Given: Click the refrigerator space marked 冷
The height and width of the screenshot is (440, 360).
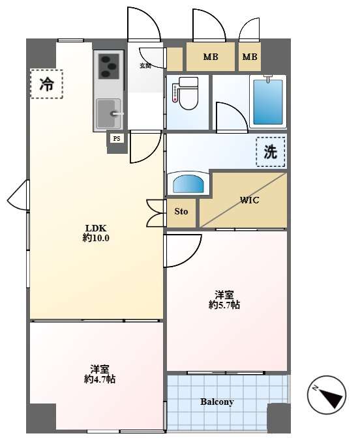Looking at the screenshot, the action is coord(46,84).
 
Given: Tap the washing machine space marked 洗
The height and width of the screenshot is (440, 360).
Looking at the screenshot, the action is coord(271,152).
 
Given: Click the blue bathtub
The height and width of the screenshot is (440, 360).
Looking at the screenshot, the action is coord(268,102).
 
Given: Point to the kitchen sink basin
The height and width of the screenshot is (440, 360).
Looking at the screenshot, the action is coord(108,113).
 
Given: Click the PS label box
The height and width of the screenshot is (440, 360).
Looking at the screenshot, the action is coord(117,138).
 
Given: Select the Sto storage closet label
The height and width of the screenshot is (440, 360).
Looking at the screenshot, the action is coord(181,211).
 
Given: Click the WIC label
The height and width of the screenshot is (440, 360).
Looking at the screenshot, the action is coord(249,200).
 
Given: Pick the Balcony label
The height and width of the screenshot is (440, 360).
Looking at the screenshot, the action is coord(217,402).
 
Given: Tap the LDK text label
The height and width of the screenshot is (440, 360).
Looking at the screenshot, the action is coord(95,227).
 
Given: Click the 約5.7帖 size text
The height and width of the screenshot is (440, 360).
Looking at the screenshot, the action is coord(224,305).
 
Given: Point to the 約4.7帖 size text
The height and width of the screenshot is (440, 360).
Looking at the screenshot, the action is coord(100,379).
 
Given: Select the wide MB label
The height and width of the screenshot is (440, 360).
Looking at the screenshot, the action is coord(211,57).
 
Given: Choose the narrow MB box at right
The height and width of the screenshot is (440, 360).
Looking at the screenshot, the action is coord(250,57).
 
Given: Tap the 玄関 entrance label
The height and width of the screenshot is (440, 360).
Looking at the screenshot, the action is coord(145,66).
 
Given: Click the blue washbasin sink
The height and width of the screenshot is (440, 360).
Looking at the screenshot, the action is coord(188,184).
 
